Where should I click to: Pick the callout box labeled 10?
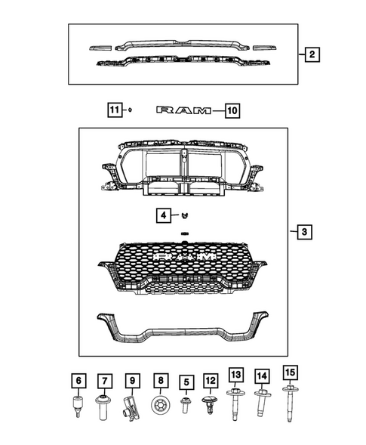point(231,111)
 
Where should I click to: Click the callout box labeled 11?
point(114,111)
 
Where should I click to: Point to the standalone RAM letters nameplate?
point(183,111)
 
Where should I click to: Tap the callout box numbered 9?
point(131,379)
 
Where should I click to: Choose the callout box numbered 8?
point(159,379)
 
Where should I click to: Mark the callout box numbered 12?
point(211,379)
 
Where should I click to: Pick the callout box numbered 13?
point(237,375)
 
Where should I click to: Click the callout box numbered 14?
point(262,375)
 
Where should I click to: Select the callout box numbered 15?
point(289,372)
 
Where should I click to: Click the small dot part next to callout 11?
point(131,111)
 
